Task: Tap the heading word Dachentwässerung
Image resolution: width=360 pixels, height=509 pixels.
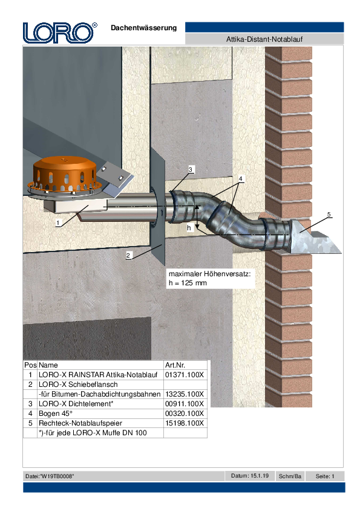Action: click(x=143, y=28)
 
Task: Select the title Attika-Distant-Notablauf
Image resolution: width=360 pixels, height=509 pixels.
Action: click(x=264, y=39)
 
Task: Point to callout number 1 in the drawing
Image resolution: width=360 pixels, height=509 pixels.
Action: click(x=58, y=222)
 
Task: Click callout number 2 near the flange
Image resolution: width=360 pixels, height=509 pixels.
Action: click(x=128, y=255)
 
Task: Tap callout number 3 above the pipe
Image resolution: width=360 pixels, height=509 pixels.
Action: click(x=191, y=169)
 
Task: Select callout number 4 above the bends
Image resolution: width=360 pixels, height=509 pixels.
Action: click(x=240, y=178)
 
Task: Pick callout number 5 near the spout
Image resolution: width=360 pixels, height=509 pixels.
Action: click(x=329, y=214)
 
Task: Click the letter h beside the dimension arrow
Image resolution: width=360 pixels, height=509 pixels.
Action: click(x=189, y=228)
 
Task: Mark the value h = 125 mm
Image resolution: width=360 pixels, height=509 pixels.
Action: click(x=188, y=283)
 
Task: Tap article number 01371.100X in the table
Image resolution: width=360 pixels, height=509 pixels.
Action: click(x=185, y=375)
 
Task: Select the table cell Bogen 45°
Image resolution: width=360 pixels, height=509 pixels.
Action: click(x=56, y=413)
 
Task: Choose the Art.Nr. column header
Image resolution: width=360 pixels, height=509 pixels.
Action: click(x=175, y=365)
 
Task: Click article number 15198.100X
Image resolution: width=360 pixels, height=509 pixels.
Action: click(x=185, y=423)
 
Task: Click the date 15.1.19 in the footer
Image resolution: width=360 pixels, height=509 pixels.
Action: click(x=260, y=476)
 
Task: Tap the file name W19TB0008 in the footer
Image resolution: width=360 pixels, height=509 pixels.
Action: click(x=57, y=476)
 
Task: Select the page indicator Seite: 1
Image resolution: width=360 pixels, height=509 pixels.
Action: click(x=325, y=476)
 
